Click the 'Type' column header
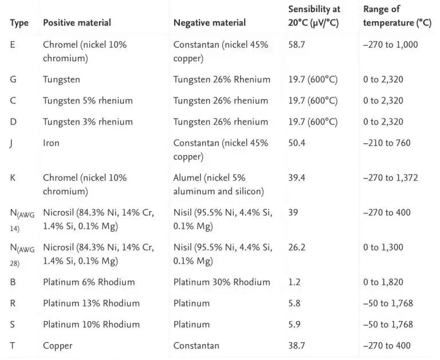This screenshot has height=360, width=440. pos(19,23)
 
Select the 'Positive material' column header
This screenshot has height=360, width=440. pos(77,22)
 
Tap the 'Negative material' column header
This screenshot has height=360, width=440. pos(210,22)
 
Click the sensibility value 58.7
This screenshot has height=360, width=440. pos(296,44)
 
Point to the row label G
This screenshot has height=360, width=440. pos(13,79)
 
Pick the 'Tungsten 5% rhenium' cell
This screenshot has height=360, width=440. pos(88,100)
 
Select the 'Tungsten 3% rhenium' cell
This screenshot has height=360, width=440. pos(88,122)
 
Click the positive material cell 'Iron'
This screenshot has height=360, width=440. pos(51,143)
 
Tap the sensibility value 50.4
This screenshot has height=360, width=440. pos(297,143)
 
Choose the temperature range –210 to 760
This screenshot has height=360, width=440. pos(387,143)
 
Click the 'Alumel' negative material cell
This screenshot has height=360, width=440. pos(219,185)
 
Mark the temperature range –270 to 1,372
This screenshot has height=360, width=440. pos(390,178)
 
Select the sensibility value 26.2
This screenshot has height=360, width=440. pos(297,247)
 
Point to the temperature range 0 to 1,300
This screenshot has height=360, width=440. pos(383,247)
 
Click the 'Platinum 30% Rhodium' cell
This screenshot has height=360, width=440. pos(222,282)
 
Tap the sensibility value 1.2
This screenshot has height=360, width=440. pos(294,282)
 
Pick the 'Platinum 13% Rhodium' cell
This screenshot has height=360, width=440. pos(91,303)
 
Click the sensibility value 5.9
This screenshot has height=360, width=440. pos(294,324)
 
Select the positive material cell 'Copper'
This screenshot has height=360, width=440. pos(57,346)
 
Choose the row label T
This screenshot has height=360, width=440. pos(13,346)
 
